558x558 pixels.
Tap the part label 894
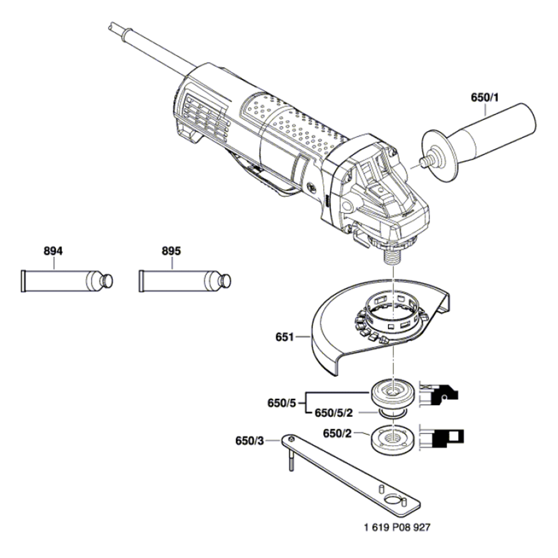coord(53,252)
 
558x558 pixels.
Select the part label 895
coord(171,252)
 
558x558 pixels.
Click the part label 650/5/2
coord(334,413)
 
